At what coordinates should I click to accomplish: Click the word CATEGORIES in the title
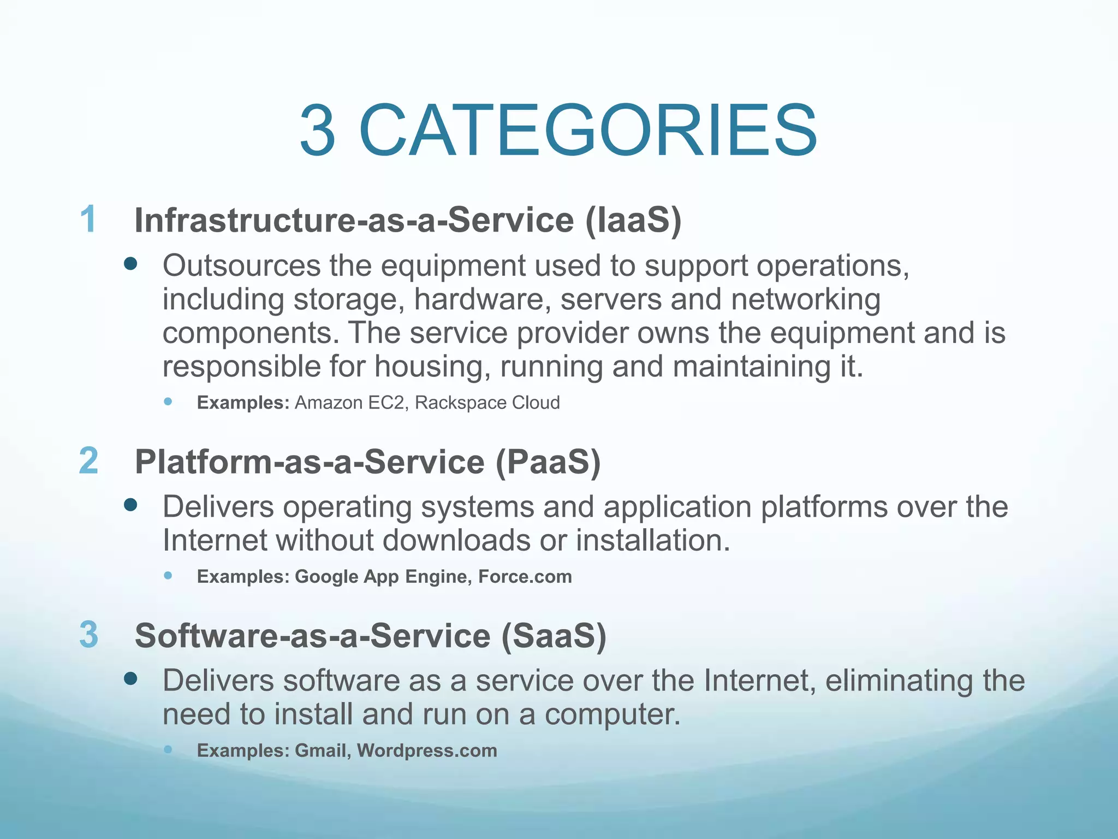click(x=588, y=131)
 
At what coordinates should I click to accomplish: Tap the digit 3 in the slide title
click(x=317, y=131)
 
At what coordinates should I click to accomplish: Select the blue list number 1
click(x=88, y=219)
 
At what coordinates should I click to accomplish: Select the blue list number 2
click(x=88, y=460)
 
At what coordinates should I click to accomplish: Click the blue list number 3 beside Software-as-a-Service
click(x=88, y=635)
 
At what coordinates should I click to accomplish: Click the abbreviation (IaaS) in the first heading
click(x=633, y=220)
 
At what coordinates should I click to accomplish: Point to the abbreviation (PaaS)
click(x=548, y=462)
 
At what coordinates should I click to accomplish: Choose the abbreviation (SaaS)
click(x=554, y=636)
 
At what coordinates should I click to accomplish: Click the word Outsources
click(x=241, y=266)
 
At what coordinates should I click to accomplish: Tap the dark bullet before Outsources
click(x=130, y=265)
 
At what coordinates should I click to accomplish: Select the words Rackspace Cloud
click(x=487, y=403)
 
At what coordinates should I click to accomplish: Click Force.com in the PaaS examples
click(x=525, y=577)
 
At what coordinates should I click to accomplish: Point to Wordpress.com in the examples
click(x=427, y=751)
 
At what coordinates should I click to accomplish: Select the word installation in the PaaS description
click(x=652, y=541)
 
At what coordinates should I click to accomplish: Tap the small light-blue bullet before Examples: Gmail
click(x=168, y=749)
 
